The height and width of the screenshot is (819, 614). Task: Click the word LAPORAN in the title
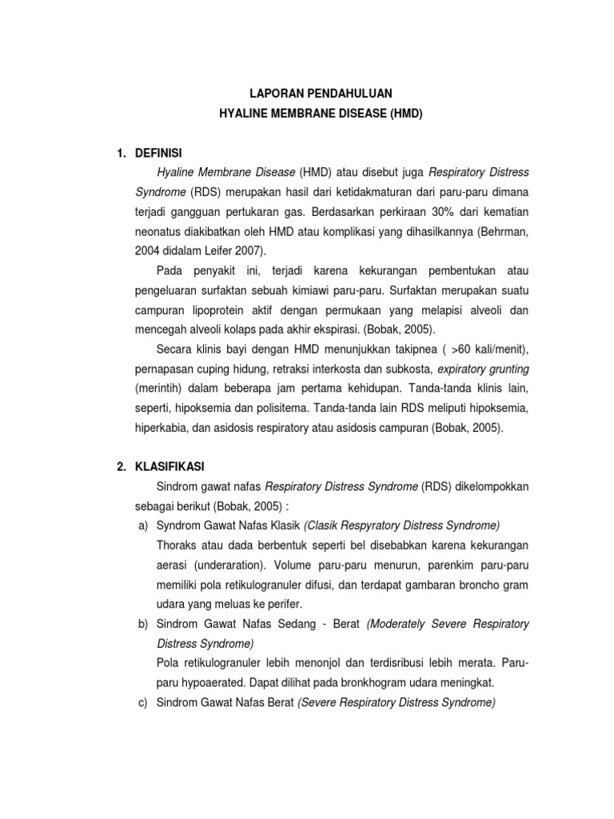[x=272, y=94]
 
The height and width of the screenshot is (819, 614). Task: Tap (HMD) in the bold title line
[x=406, y=114]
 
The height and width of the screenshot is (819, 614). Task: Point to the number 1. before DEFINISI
[x=122, y=151]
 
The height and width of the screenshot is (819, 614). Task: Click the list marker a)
[x=145, y=525]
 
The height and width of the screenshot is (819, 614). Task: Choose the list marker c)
[x=145, y=703]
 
